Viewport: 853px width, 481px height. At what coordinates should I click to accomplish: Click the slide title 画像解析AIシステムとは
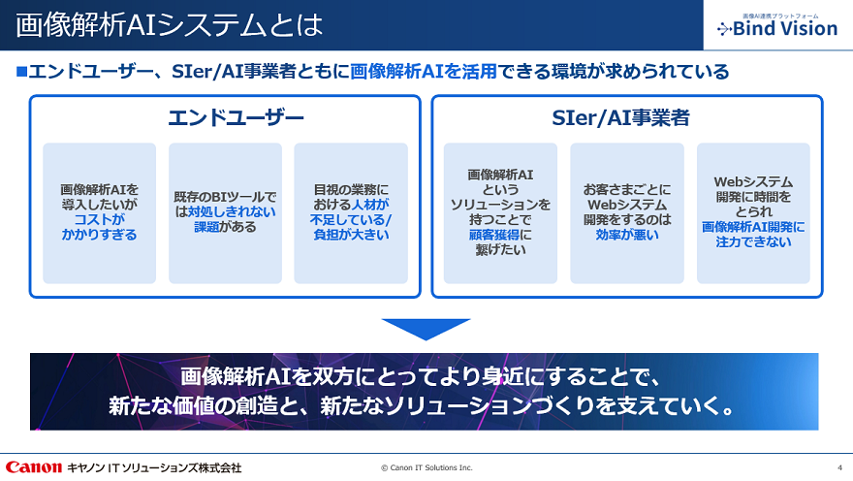(x=170, y=25)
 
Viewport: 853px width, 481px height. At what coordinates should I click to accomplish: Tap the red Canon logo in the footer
(x=34, y=466)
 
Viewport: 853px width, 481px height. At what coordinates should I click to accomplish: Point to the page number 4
(x=839, y=467)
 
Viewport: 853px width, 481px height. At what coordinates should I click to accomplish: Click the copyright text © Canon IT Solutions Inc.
(x=426, y=467)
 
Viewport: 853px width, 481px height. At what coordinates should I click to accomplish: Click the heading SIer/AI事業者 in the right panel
(x=627, y=118)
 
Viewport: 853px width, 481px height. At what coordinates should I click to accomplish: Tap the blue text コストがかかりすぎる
(x=100, y=227)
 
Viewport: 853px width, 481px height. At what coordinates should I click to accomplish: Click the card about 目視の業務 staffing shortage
(x=351, y=213)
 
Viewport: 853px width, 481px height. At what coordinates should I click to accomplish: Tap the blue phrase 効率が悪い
(x=627, y=235)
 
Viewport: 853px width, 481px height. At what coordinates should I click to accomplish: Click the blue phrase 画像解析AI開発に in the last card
(x=753, y=226)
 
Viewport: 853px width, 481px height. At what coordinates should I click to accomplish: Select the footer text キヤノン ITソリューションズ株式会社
(x=154, y=467)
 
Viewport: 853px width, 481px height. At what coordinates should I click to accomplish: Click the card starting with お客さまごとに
(x=627, y=213)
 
